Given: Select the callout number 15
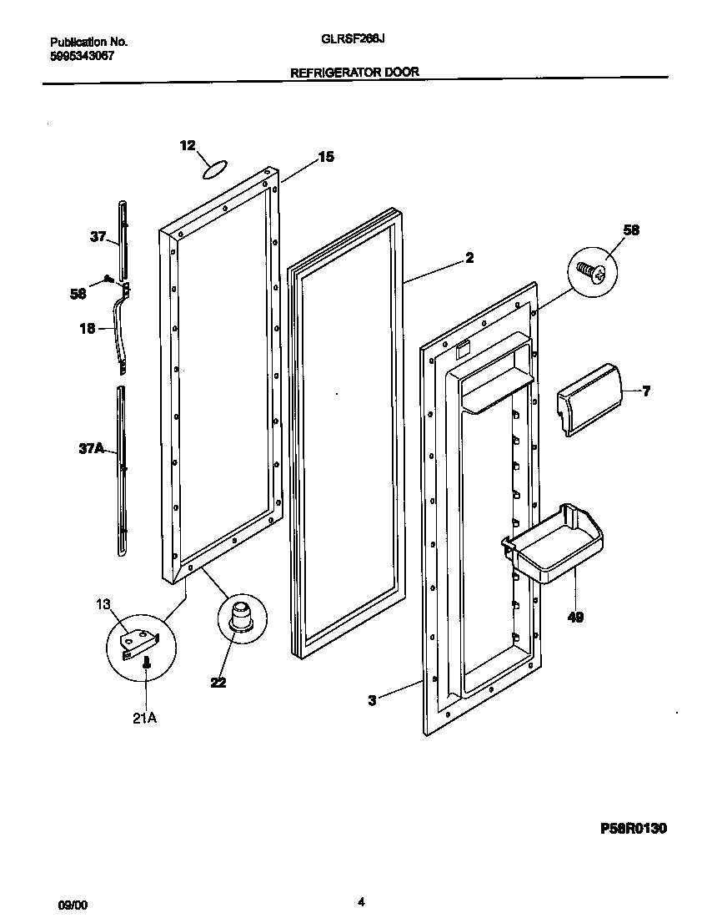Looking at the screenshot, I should [x=326, y=156].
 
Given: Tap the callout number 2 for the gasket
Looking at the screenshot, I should [x=469, y=259].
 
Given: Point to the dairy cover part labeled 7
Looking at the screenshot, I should [x=588, y=399].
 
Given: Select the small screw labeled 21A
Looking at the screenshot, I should [x=147, y=664].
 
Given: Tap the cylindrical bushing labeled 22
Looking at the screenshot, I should [x=240, y=615].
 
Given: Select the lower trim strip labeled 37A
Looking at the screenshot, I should [x=123, y=467].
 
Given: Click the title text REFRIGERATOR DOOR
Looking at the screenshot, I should [x=353, y=73].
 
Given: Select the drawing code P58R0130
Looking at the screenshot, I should [x=634, y=829].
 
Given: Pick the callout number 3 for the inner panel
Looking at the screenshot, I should [x=372, y=701].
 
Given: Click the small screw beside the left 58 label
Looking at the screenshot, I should [x=108, y=279].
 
